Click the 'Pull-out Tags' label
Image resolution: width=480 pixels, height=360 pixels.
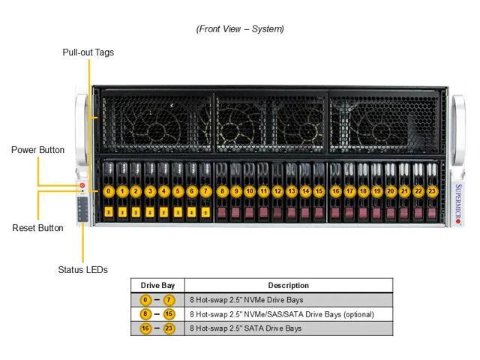pos(88,52)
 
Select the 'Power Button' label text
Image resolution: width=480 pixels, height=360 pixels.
pos(37,150)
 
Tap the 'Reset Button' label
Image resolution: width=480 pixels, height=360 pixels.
pos(37,228)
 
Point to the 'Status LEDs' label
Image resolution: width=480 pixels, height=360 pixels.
pos(82,269)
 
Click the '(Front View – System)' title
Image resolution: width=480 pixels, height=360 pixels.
pos(240,29)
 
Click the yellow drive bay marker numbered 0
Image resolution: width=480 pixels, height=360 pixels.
pos(109,192)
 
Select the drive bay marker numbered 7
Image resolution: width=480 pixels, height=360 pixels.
pos(205,192)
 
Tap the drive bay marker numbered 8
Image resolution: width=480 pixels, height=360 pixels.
pos(222,192)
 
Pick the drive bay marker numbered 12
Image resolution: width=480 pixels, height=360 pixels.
pos(277,192)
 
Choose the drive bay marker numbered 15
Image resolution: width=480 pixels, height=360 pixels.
pos(319,192)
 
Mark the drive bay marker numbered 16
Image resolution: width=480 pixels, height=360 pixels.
pos(335,192)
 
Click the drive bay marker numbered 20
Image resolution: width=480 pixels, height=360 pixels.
pos(391,192)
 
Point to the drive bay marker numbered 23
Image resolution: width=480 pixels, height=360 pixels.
pos(431,192)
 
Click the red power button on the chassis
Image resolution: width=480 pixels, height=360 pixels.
pos(82,184)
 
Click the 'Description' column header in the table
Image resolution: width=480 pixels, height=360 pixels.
pos(288,286)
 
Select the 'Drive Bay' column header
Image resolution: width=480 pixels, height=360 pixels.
pos(157,286)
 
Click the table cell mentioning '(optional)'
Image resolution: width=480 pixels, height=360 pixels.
pos(281,314)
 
